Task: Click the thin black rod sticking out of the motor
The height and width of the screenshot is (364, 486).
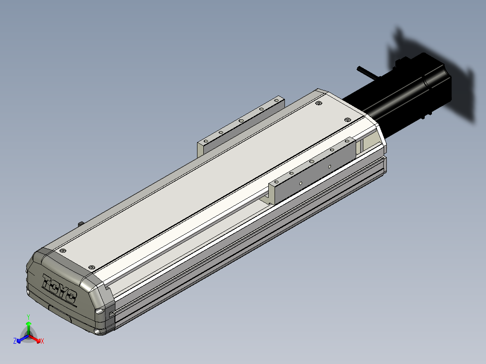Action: coord(365,73)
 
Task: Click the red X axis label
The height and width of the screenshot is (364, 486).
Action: coord(42,341)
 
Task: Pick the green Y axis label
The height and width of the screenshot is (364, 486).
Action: coord(28,317)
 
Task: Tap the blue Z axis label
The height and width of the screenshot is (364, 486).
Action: coord(15,341)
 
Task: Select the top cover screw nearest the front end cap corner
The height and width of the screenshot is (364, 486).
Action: coord(92,268)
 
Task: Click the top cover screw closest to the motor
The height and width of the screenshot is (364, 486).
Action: coord(347,119)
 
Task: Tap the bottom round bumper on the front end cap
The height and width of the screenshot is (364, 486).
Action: coord(98,332)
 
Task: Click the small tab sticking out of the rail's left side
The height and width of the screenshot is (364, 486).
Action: coord(80,223)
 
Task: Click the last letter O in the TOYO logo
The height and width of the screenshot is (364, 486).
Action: coord(71,297)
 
